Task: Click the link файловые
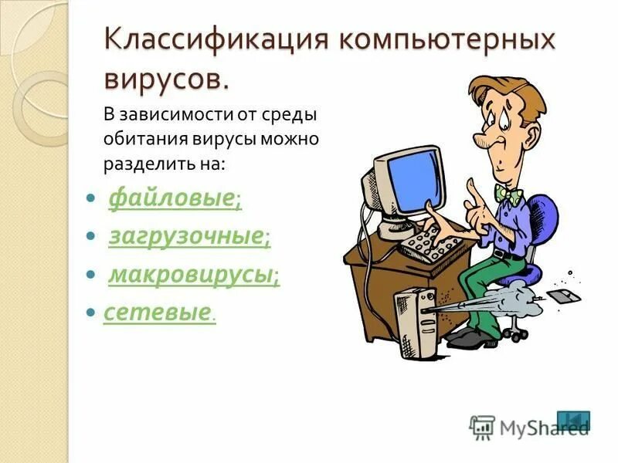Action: point(171,199)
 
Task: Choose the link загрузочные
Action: point(185,237)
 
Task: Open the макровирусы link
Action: point(191,274)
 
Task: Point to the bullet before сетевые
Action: point(90,313)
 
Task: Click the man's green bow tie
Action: point(509,194)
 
